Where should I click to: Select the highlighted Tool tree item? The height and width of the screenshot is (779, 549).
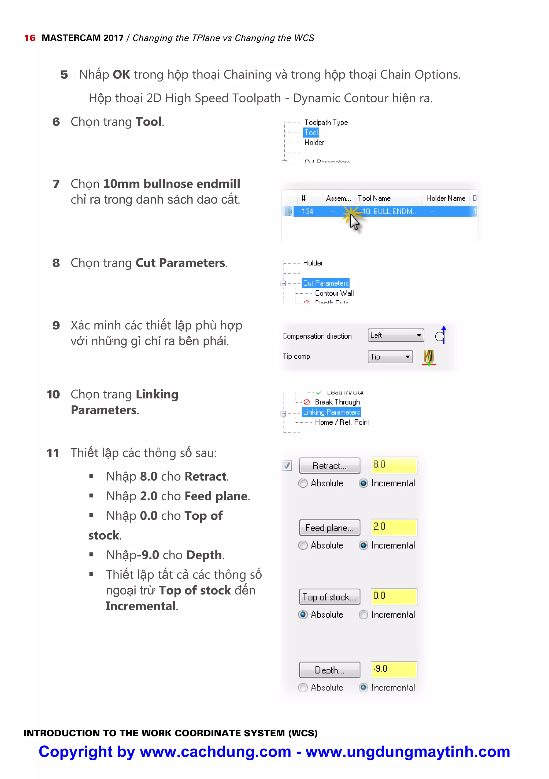click(311, 132)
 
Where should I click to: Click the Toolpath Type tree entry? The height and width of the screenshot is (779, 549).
click(325, 123)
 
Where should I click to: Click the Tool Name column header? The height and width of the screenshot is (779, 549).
click(374, 198)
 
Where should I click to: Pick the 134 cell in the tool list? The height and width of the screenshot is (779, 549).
click(307, 211)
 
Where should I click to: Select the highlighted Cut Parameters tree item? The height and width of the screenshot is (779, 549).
click(325, 283)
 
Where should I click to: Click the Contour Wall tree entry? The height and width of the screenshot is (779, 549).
click(334, 293)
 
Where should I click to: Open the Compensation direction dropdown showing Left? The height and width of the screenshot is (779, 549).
click(395, 335)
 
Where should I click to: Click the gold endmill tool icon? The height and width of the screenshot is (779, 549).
click(429, 357)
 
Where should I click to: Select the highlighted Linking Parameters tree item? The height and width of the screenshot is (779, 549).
click(331, 412)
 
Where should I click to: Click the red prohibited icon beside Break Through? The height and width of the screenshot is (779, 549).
click(307, 402)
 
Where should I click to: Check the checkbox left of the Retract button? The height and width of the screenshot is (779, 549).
click(287, 466)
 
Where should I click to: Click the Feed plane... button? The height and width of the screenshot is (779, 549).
click(329, 528)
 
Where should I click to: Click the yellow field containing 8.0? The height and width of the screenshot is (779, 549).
click(393, 465)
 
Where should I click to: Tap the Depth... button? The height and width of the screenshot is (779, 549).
click(329, 670)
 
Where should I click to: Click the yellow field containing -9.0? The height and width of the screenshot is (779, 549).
click(393, 669)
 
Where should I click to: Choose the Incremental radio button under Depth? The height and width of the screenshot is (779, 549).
click(363, 687)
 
